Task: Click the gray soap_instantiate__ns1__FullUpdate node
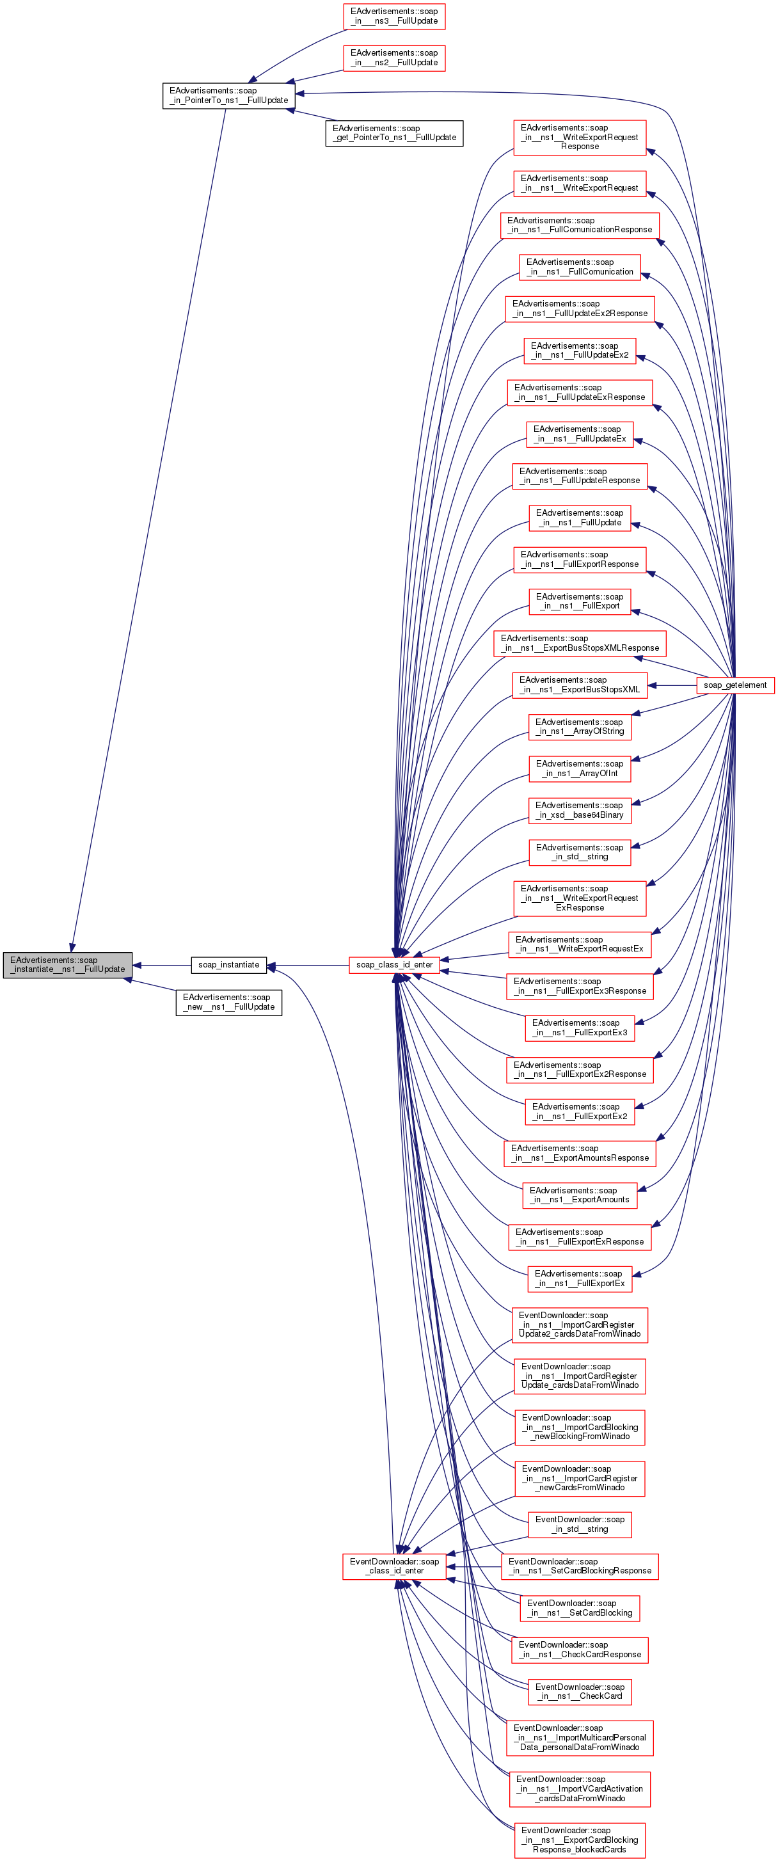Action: (x=67, y=964)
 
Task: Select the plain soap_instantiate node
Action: (x=228, y=964)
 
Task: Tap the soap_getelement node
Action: (x=734, y=685)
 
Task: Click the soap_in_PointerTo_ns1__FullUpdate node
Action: (x=228, y=95)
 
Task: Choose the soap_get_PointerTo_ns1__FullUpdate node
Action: (x=394, y=133)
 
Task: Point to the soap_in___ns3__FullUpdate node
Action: (x=394, y=16)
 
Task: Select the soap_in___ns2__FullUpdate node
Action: (x=394, y=58)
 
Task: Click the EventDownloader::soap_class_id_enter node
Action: (x=394, y=1566)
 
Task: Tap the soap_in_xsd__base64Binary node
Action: (x=579, y=809)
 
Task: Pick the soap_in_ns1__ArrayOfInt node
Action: (x=579, y=768)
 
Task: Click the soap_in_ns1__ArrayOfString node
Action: (x=579, y=726)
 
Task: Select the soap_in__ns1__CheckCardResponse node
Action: (x=579, y=1650)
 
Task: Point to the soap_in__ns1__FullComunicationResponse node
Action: (x=579, y=225)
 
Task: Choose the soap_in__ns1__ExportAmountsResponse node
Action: (x=579, y=1152)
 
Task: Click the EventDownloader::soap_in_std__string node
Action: (x=579, y=1524)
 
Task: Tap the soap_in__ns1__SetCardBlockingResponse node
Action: (x=579, y=1566)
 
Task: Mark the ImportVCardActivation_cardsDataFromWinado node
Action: (x=579, y=1788)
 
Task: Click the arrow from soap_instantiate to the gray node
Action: (x=162, y=965)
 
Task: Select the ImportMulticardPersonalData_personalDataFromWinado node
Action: (x=579, y=1737)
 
